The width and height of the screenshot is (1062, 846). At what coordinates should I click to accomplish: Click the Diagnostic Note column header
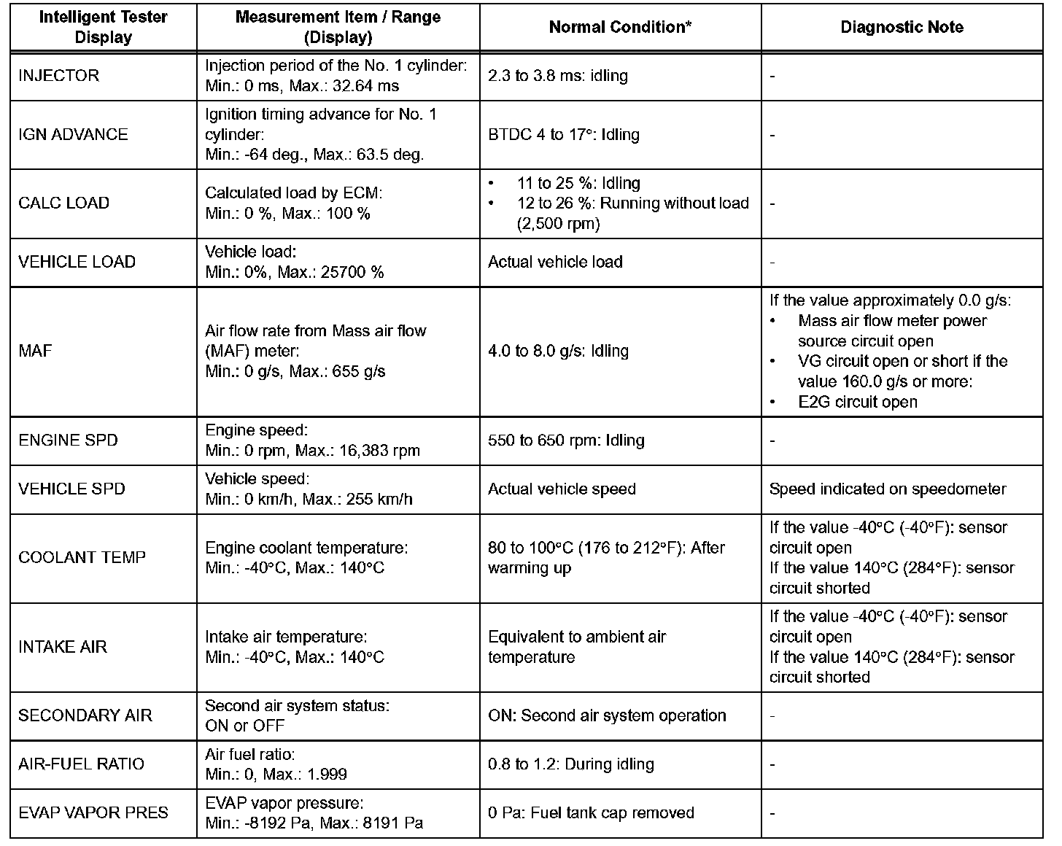[x=902, y=28]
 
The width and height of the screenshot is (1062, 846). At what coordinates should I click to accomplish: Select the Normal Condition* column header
[x=620, y=28]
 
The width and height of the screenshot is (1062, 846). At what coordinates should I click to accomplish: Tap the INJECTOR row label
[x=58, y=76]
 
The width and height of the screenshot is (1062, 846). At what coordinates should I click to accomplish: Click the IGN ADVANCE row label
[x=73, y=135]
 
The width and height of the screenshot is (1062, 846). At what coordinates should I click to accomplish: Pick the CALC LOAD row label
[x=63, y=203]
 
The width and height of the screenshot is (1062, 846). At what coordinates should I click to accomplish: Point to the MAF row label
[x=35, y=351]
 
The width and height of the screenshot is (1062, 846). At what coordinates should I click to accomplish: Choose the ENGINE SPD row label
[x=68, y=441]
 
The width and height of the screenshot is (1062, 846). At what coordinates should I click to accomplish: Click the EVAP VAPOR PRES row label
[x=93, y=812]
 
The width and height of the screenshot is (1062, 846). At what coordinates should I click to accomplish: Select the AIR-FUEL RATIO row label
[x=82, y=764]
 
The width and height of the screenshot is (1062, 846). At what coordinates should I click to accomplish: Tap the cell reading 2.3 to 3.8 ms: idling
[x=557, y=76]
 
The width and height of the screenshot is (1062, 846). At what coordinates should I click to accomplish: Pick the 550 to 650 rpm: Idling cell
[x=566, y=441]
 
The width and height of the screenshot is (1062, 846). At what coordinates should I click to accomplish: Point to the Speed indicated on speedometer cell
[x=888, y=489]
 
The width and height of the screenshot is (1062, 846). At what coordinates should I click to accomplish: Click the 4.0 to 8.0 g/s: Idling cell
[x=558, y=351]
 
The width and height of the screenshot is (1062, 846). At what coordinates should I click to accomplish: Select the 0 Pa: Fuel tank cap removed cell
[x=591, y=812]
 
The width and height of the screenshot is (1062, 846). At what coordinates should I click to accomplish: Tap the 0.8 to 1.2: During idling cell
[x=570, y=764]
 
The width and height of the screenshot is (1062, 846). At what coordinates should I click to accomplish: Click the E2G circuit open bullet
[x=858, y=402]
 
